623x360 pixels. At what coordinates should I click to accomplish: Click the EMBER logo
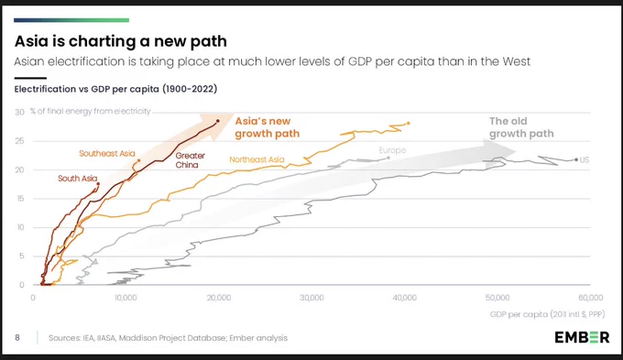[x=582, y=337]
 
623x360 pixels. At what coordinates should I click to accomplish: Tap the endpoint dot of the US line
[x=576, y=159]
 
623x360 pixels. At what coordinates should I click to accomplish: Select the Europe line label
[x=392, y=150]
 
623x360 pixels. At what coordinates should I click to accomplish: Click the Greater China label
[x=191, y=160]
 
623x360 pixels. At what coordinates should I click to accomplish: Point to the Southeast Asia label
[x=107, y=153]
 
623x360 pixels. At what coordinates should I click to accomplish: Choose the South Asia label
[x=78, y=179]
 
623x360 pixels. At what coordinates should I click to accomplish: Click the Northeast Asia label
[x=257, y=159]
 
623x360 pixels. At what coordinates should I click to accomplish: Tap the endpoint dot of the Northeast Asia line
[x=409, y=123]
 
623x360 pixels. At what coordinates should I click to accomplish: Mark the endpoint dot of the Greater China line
[x=218, y=121]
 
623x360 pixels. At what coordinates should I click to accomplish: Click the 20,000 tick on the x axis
[x=219, y=298]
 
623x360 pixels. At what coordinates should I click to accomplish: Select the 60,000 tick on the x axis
[x=590, y=298]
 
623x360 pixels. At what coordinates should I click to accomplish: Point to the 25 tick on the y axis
[x=19, y=141]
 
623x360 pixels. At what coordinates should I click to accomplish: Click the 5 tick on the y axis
[x=22, y=256]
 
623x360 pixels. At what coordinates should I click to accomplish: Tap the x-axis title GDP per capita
[x=547, y=314]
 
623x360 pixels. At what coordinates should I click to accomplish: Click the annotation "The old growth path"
[x=521, y=127]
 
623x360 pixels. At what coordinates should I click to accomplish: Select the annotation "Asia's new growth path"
[x=267, y=127]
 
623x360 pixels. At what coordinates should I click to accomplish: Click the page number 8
[x=17, y=337]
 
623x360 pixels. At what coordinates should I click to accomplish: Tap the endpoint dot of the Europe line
[x=388, y=158]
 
